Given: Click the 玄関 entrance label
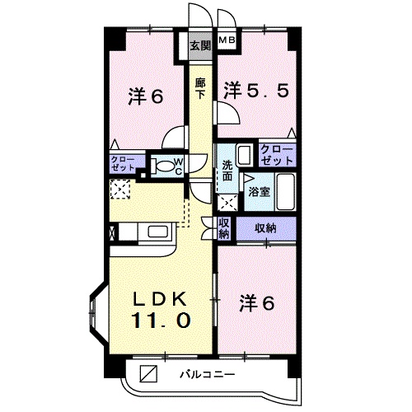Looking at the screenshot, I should coord(199,44).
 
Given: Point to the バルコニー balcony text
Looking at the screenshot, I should coord(208,376).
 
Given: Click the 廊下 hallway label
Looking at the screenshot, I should coord(199,87).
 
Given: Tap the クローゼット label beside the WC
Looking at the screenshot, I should coord(124,162).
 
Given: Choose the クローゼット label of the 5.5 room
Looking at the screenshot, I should coord(277,154).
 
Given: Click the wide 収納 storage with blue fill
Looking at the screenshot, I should coord(265,227).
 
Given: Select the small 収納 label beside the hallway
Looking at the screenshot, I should coord(224,227).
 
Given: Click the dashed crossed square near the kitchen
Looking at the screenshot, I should coord(119,191).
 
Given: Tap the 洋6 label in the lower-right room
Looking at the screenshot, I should coord(257,302).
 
